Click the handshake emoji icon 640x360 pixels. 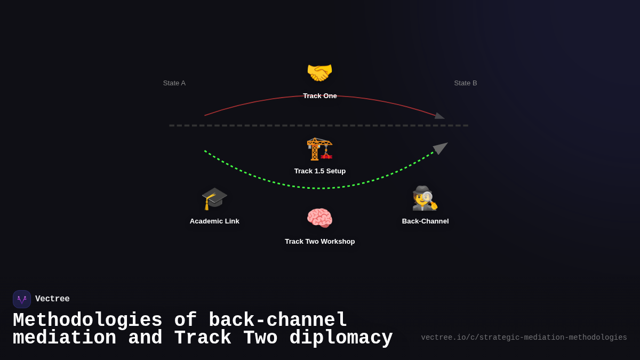click(x=319, y=73)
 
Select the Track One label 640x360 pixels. click(x=320, y=96)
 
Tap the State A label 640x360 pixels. click(x=174, y=83)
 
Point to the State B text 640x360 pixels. click(x=466, y=83)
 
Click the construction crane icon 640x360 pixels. click(x=319, y=148)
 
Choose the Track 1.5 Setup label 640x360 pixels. click(x=320, y=171)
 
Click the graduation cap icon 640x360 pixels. click(x=214, y=198)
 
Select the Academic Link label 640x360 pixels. click(x=214, y=221)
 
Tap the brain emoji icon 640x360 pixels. click(x=319, y=218)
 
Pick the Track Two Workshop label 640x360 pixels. click(x=320, y=242)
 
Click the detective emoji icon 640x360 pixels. click(x=425, y=198)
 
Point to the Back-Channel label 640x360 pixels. click(x=426, y=221)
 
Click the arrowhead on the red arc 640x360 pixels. click(x=439, y=116)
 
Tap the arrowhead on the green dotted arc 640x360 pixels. click(x=441, y=147)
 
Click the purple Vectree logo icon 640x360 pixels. click(x=22, y=299)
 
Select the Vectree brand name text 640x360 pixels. click(x=52, y=299)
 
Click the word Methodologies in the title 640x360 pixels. click(x=87, y=321)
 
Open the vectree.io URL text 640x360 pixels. click(x=524, y=338)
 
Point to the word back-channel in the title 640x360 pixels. click(x=278, y=321)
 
